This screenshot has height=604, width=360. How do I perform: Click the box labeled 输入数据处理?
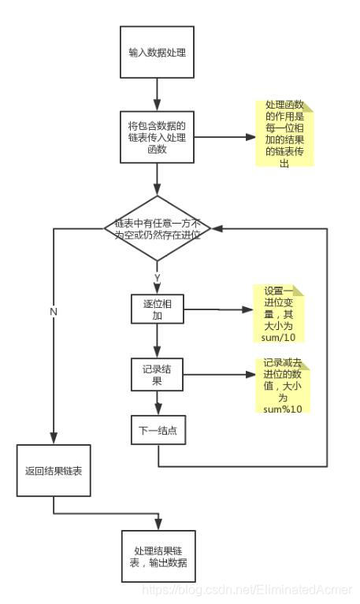point(158,53)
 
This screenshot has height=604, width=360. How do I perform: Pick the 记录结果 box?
point(158,374)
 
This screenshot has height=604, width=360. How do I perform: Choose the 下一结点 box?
point(158,431)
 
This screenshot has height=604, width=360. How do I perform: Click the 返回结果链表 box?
point(54,470)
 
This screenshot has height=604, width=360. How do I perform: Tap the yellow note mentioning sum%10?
point(282,387)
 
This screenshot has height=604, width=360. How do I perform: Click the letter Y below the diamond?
point(158,278)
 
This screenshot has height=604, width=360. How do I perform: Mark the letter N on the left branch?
point(54,312)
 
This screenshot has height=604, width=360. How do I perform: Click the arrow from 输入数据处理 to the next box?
point(158,94)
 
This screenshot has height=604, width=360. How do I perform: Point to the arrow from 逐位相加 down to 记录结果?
point(158,341)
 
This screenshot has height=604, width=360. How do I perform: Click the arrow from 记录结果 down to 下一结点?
point(158,403)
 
